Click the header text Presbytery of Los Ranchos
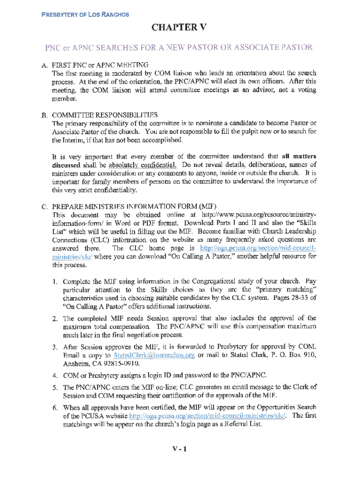(85, 14)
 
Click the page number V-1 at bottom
(179, 450)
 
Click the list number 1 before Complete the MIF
(55, 282)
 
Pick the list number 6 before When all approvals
(55, 408)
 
